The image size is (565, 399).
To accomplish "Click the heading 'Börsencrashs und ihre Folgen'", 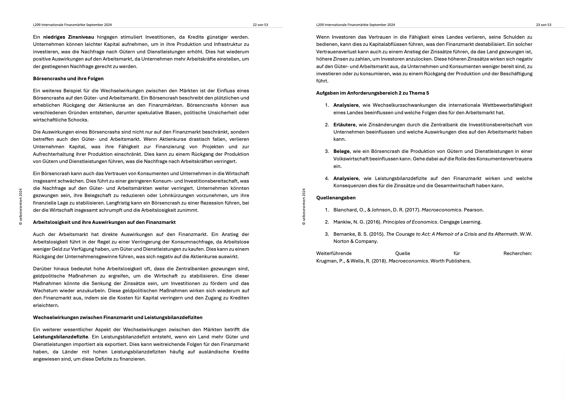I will click(x=68, y=78).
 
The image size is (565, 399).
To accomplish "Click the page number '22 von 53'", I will click(x=260, y=25).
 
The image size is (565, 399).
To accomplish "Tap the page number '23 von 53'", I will click(x=543, y=25).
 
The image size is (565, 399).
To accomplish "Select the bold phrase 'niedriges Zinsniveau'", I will click(x=68, y=37).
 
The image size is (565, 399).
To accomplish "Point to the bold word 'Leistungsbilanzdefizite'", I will click(x=60, y=337).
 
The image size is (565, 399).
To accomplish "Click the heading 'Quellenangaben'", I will click(x=336, y=198).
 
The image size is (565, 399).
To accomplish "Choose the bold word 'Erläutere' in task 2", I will click(x=344, y=125).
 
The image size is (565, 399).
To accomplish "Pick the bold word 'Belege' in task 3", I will click(x=341, y=151).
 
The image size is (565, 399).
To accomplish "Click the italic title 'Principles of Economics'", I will click(x=410, y=222).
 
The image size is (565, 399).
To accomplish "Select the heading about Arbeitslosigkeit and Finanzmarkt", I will click(x=104, y=222).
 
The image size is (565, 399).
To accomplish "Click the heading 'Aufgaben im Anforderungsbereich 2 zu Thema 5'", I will click(x=372, y=93).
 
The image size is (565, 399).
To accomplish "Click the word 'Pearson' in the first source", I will click(x=473, y=210).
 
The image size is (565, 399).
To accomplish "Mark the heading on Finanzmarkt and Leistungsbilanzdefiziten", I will click(x=118, y=317).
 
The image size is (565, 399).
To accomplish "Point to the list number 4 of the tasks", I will click(x=327, y=178).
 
